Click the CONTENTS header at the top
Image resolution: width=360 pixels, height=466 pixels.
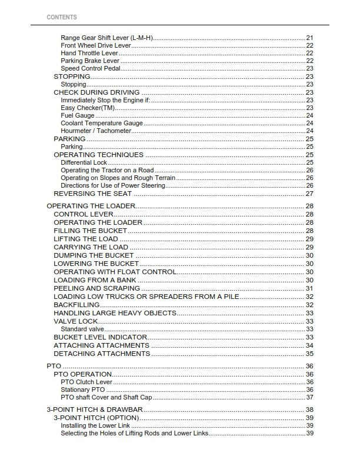click(x=61, y=18)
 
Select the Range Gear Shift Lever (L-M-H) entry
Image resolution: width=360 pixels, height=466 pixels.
click(x=106, y=38)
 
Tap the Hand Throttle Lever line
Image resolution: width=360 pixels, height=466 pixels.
click(x=89, y=54)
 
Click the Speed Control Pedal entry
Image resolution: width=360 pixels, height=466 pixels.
click(x=91, y=69)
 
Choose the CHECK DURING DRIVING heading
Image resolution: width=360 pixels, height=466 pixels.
click(x=96, y=92)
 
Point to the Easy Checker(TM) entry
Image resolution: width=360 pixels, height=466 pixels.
click(x=88, y=108)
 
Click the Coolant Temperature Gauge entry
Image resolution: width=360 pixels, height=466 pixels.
click(x=101, y=124)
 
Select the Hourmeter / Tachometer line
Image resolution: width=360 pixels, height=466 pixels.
click(x=96, y=131)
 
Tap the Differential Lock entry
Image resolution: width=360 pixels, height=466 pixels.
click(x=84, y=162)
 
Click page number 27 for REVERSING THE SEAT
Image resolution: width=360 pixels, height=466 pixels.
click(x=309, y=194)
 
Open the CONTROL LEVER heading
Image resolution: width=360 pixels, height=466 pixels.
click(x=84, y=215)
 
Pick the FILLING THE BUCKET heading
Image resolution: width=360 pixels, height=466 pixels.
click(x=90, y=231)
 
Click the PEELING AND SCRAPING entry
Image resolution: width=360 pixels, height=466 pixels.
click(x=96, y=289)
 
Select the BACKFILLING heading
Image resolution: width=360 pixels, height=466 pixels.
click(x=76, y=305)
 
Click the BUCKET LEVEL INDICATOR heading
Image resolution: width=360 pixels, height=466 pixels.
click(x=100, y=337)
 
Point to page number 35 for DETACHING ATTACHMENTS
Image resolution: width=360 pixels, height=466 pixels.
click(x=309, y=354)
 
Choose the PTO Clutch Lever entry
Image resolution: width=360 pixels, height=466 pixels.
click(x=86, y=382)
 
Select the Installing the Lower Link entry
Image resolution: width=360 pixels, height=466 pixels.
click(x=95, y=425)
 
